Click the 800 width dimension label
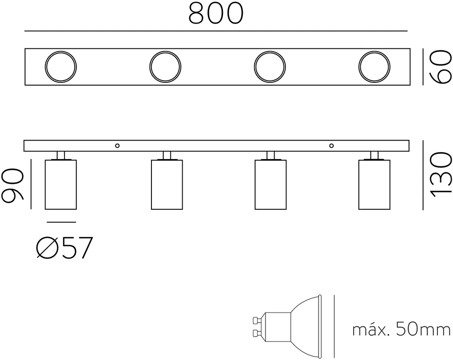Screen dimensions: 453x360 (x=216, y=13)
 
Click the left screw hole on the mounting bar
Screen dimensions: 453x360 (x=117, y=145)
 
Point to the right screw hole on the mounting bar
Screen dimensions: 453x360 (x=331, y=145)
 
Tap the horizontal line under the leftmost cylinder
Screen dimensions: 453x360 (x=61, y=222)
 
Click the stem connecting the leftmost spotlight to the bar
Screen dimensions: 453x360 (x=61, y=155)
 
